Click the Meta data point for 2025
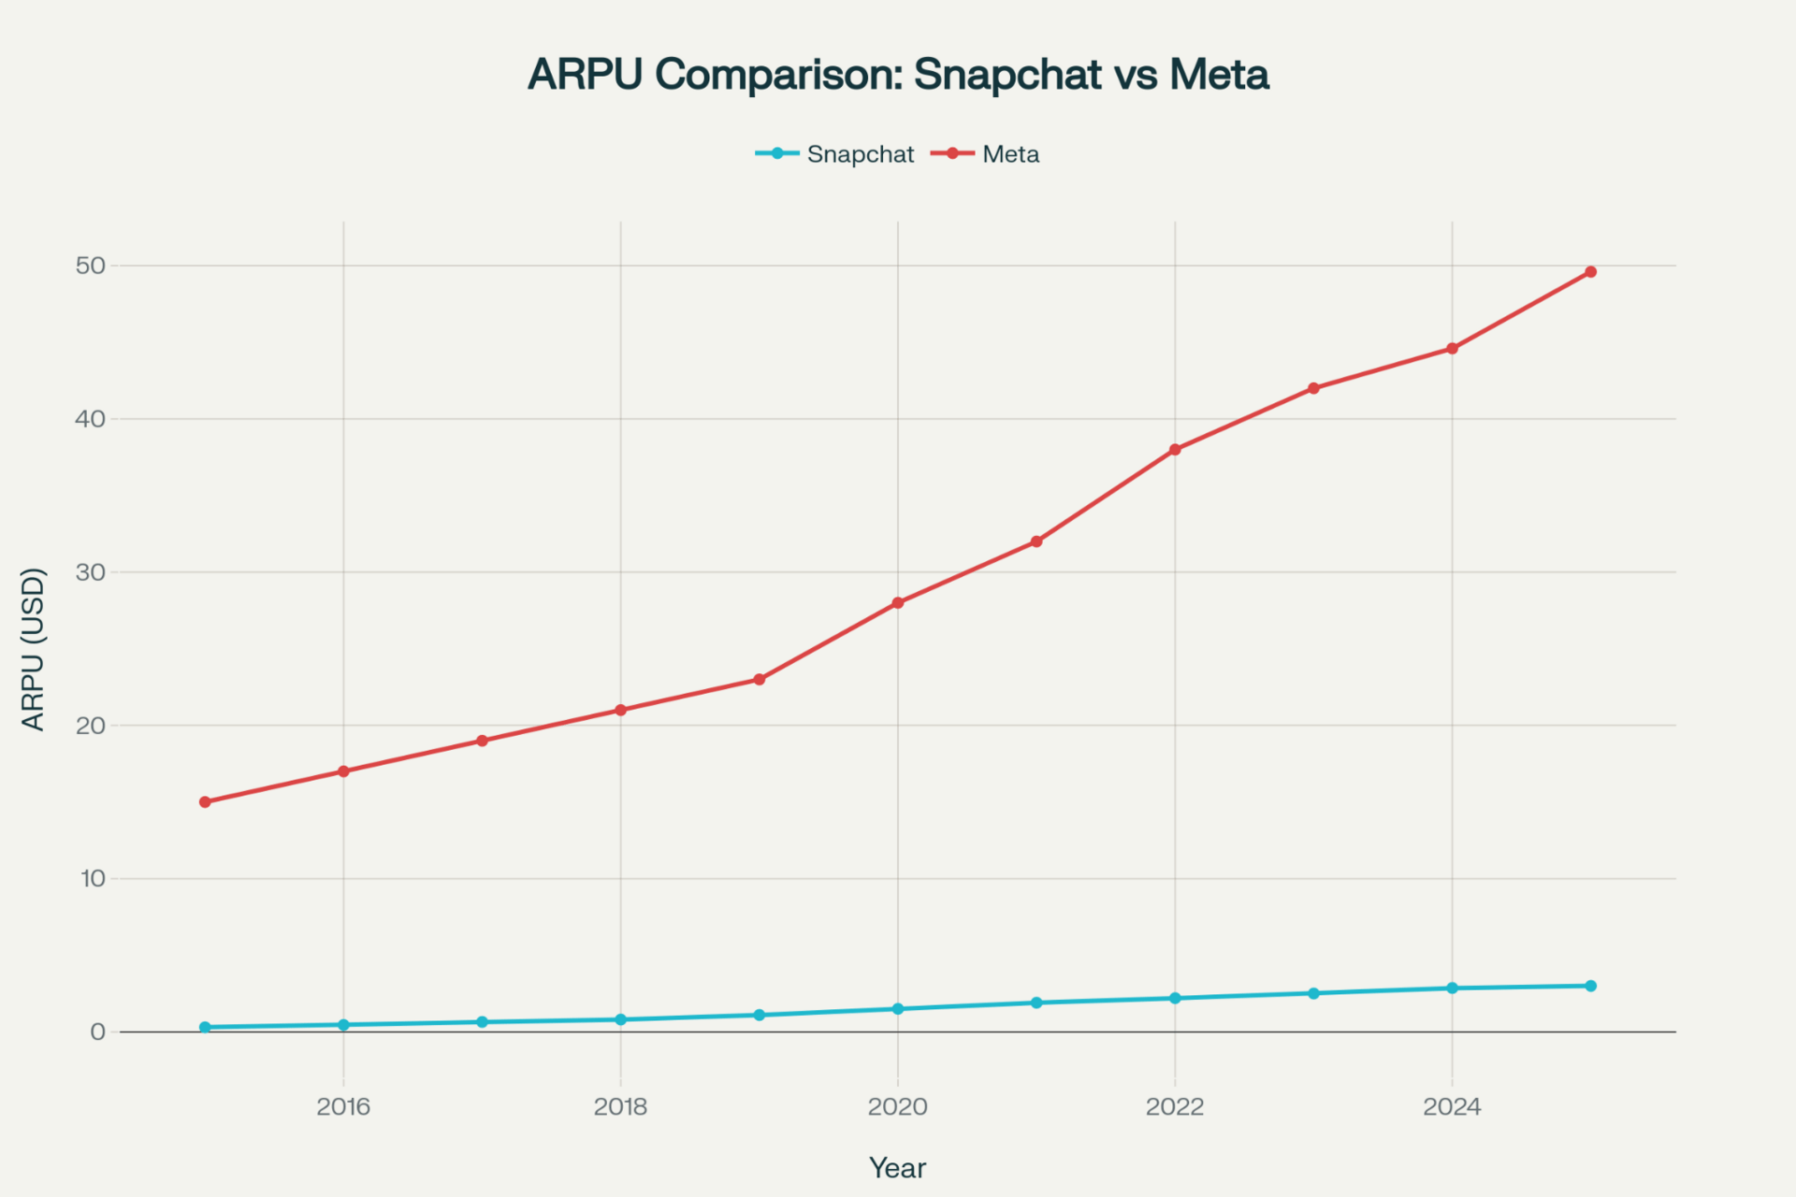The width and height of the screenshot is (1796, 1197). [x=1590, y=272]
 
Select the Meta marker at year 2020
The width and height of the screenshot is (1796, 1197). [x=898, y=603]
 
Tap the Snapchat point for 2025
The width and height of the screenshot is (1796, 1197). [x=1590, y=986]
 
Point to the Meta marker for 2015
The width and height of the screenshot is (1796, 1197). [x=205, y=801]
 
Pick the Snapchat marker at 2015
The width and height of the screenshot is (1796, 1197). [x=205, y=1027]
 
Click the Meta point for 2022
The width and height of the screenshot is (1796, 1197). [x=1175, y=450]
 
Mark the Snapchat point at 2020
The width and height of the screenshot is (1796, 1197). [x=898, y=1009]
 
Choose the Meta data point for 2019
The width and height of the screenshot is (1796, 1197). [x=760, y=679]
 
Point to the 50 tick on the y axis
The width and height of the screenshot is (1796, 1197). [x=91, y=266]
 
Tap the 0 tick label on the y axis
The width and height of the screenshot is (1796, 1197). [x=98, y=1032]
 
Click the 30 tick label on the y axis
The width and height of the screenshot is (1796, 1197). [x=91, y=572]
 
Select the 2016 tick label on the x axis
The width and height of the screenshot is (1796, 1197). [x=343, y=1107]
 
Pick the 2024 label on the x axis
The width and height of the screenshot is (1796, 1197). [x=1452, y=1107]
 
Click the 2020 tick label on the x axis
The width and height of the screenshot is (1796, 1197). [x=898, y=1107]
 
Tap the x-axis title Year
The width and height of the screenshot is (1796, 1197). [x=897, y=1168]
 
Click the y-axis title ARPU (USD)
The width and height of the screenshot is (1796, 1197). [x=34, y=649]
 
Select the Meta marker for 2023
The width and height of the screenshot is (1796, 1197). [x=1313, y=388]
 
